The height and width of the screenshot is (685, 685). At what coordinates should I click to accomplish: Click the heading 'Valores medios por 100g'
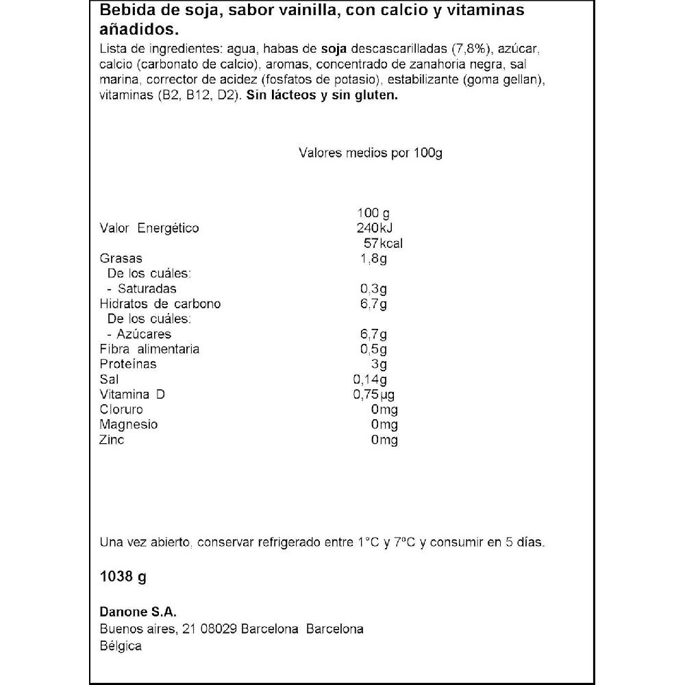[371, 153]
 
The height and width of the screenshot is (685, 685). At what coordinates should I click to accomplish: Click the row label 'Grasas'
[121, 258]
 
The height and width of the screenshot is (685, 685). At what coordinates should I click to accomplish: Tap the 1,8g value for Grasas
[373, 258]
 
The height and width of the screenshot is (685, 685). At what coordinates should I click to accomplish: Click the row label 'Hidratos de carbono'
[160, 303]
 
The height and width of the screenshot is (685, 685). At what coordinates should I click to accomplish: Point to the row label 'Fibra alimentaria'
[149, 349]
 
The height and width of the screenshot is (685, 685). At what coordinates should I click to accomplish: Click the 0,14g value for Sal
[369, 379]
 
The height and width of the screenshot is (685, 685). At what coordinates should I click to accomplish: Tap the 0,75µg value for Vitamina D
[373, 395]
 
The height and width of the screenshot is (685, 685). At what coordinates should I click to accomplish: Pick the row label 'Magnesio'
[129, 424]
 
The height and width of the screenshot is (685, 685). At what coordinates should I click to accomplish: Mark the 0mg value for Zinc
[384, 440]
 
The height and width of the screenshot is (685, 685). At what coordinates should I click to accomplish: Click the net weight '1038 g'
[123, 577]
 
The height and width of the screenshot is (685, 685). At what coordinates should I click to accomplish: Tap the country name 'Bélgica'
[121, 646]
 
